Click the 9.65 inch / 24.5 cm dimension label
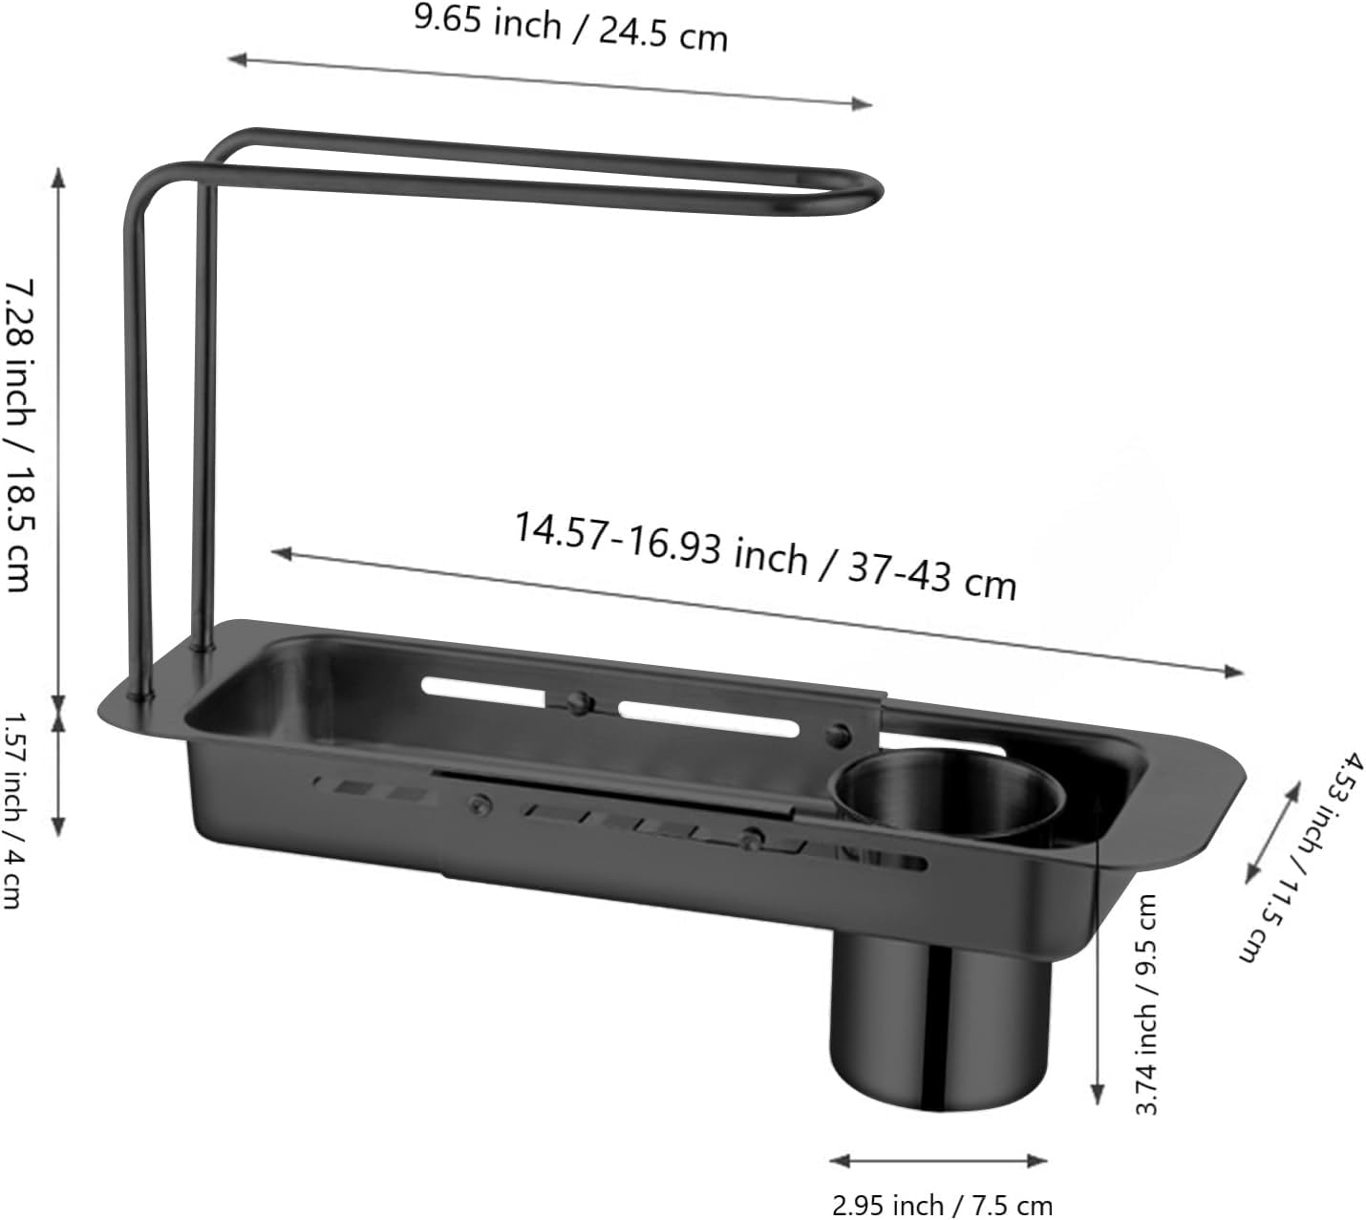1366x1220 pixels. (x=570, y=29)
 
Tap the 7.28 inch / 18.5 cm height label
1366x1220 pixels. (x=21, y=435)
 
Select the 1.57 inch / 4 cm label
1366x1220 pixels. (x=15, y=807)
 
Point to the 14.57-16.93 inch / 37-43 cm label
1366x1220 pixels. (x=765, y=555)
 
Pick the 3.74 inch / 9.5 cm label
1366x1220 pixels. (x=1145, y=1003)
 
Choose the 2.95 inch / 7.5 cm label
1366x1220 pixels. (x=942, y=1205)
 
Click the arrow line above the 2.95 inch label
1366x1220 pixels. (x=938, y=1162)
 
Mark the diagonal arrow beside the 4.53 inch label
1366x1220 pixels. (x=1273, y=831)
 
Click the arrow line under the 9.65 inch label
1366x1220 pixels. (x=549, y=81)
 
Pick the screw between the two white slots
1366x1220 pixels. (x=576, y=703)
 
